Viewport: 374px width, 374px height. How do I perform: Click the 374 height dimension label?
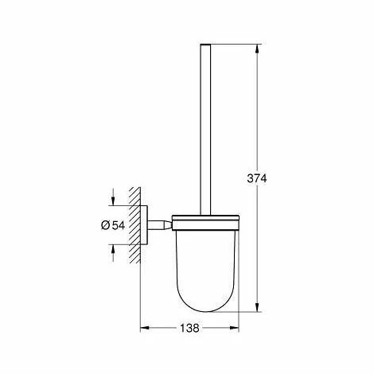pos(257,178)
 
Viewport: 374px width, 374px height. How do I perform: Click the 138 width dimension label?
pos(189,328)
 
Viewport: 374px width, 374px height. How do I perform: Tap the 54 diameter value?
pos(119,225)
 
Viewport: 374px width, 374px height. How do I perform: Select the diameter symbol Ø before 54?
pos(105,225)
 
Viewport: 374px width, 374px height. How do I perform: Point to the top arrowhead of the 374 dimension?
pos(257,49)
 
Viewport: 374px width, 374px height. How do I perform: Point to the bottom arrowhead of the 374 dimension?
pos(257,306)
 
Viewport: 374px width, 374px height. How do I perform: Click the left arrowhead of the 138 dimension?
pos(144,328)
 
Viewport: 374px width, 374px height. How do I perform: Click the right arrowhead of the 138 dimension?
pos(235,328)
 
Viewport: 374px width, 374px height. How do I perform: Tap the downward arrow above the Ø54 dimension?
pos(113,197)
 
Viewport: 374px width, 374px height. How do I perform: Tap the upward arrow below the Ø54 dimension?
pos(113,253)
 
